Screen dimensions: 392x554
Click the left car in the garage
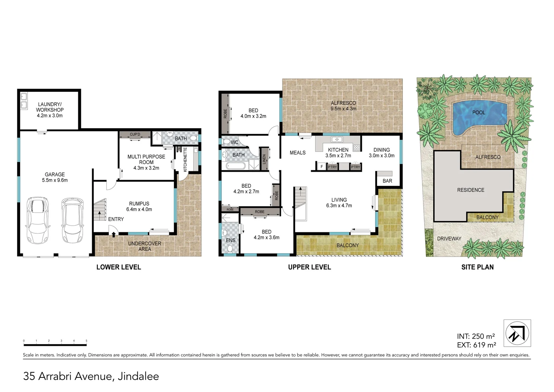[38, 221]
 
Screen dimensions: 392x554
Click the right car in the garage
[73, 221]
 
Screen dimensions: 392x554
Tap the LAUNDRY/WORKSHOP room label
[50, 110]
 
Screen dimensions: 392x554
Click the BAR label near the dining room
[387, 181]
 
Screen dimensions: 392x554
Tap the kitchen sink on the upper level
[337, 139]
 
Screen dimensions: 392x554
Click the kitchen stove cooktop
[356, 148]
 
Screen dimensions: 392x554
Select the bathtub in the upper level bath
[235, 166]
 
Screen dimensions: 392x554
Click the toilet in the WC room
[226, 142]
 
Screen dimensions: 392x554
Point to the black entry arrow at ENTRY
[114, 234]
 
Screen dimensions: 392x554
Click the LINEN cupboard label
[264, 159]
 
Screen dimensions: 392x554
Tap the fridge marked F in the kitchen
[321, 167]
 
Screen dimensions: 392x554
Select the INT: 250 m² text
[476, 336]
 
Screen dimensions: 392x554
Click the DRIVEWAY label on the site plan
[449, 238]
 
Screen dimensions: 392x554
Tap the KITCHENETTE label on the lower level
[185, 159]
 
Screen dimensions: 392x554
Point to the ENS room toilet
[230, 249]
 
